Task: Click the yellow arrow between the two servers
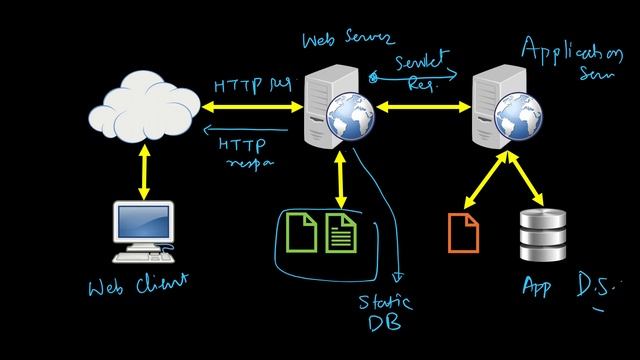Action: [x=419, y=106]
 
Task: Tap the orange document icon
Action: [x=464, y=232]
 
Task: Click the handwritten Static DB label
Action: [x=384, y=311]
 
